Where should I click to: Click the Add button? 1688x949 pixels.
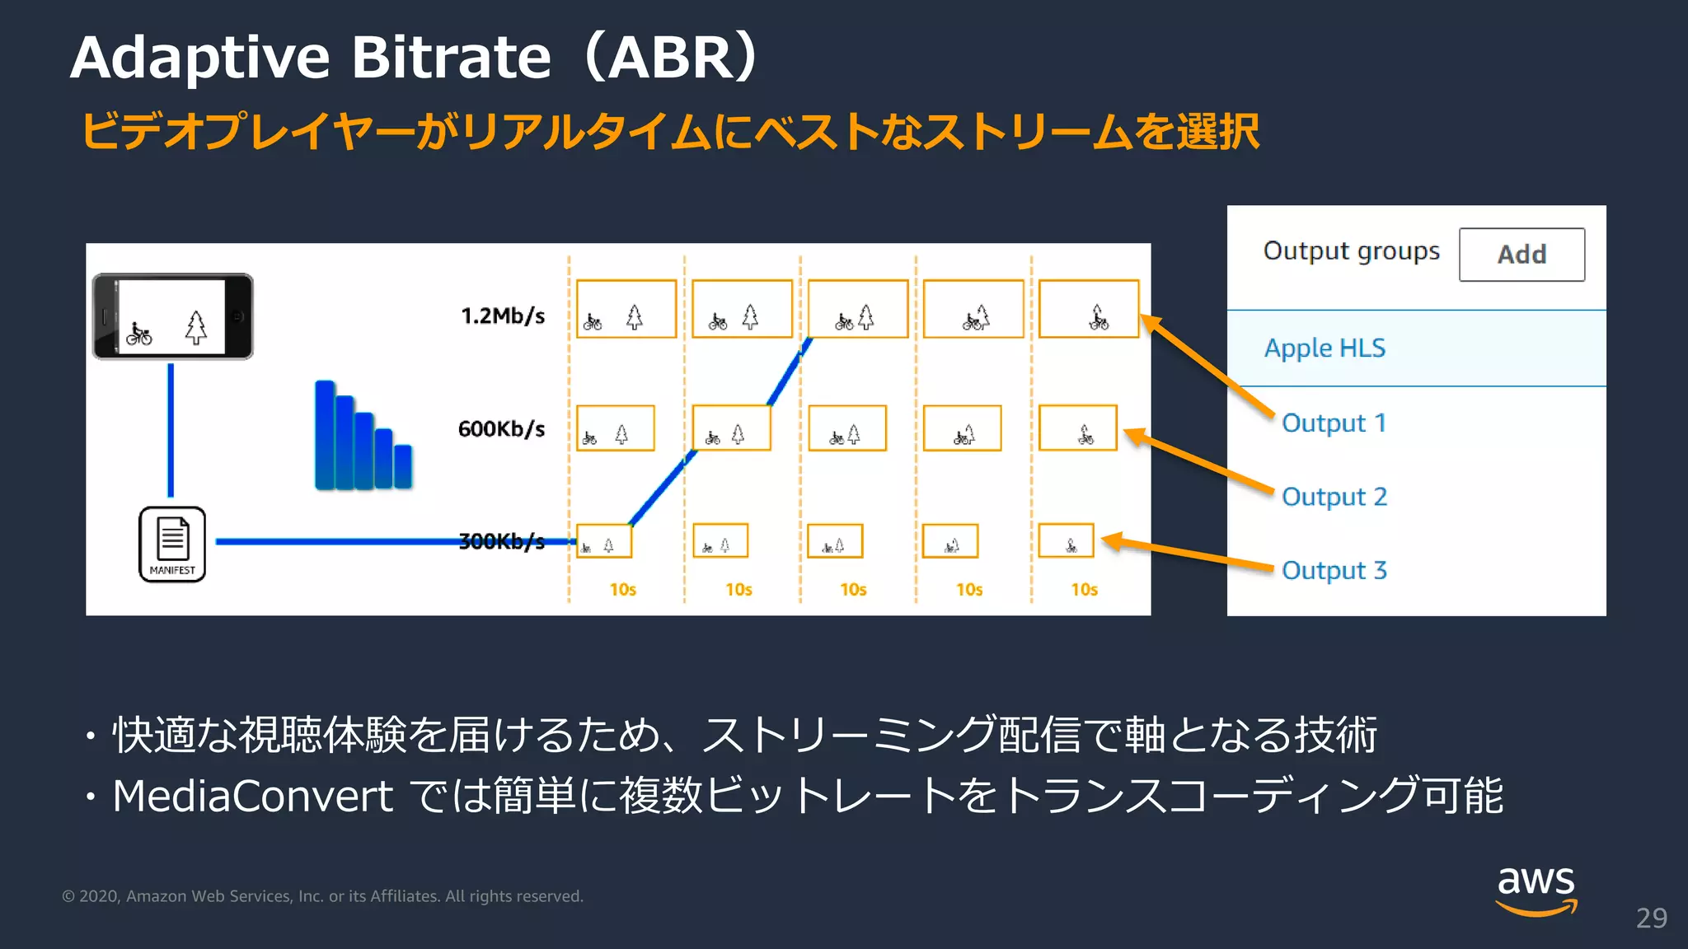coord(1521,255)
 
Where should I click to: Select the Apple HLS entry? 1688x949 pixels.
coord(1325,348)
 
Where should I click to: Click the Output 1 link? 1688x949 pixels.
coord(1334,423)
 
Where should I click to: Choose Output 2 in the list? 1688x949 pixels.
coord(1334,497)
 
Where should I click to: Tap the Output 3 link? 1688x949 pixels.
coord(1334,570)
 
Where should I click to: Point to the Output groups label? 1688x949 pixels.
coord(1351,250)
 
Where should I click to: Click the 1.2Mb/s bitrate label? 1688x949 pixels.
coord(503,316)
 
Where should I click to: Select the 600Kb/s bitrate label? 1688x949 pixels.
coord(501,428)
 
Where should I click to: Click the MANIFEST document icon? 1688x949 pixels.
coord(172,544)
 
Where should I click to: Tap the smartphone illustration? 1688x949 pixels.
coord(172,316)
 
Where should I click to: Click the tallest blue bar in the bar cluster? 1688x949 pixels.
coord(325,435)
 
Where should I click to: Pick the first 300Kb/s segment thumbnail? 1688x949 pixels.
coord(603,541)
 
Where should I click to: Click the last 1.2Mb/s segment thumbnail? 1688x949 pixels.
coord(1088,309)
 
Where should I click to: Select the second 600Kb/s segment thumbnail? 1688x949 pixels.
coord(731,428)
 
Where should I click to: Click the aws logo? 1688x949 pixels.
coord(1536,890)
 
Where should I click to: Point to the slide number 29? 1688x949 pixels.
coord(1651,918)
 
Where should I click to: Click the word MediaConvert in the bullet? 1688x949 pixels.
coord(252,796)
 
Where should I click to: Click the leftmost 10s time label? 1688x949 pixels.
coord(622,590)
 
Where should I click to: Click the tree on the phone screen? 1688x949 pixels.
coord(195,327)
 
